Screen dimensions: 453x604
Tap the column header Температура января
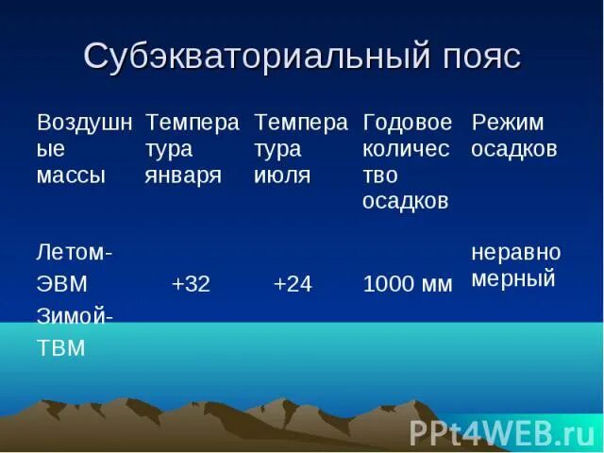click(192, 149)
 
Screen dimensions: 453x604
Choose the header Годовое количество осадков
click(408, 161)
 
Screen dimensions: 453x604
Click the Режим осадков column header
click(515, 136)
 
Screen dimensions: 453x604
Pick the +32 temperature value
click(191, 283)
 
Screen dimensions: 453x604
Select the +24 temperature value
click(292, 283)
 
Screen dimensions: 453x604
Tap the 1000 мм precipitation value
click(408, 284)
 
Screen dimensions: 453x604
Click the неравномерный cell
click(515, 265)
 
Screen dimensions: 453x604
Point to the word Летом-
click(75, 253)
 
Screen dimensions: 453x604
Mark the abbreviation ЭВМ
click(62, 284)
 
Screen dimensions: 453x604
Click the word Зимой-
click(75, 316)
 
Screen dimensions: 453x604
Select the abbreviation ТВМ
click(61, 348)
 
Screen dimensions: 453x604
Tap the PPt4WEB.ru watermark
click(501, 432)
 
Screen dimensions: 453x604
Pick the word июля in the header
click(282, 176)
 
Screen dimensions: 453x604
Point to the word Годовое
click(408, 123)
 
